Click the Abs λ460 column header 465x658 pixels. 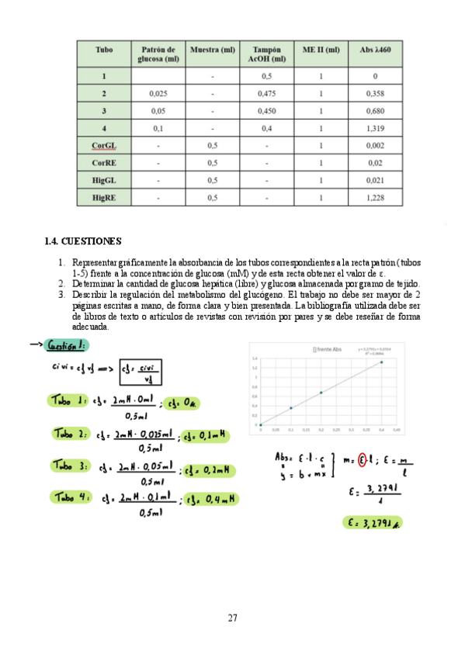click(375, 49)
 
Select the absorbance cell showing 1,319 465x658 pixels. click(375, 128)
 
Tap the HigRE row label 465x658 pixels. click(104, 198)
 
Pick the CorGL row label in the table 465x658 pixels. click(104, 145)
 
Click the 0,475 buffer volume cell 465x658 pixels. click(266, 93)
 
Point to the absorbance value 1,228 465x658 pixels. click(375, 198)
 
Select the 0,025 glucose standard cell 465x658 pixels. click(158, 93)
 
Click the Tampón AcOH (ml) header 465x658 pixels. click(266, 54)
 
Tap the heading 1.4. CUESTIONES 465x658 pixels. click(84, 241)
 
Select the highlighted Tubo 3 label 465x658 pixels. click(71, 466)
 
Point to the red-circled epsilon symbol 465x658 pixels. click(361, 461)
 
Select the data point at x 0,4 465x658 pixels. click(381, 362)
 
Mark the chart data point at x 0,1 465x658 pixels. click(291, 408)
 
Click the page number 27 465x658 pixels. click(232, 618)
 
